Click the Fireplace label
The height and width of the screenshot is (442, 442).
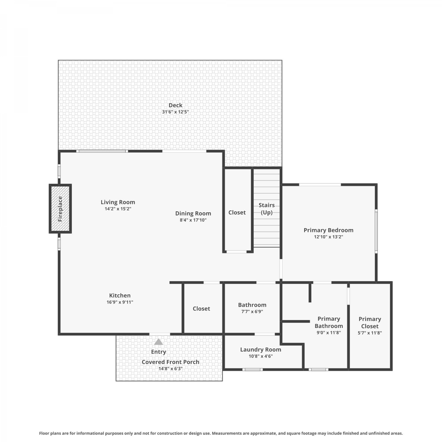point(60,209)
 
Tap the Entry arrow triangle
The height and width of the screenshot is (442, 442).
point(159,342)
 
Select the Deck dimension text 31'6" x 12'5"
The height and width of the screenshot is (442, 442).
point(175,112)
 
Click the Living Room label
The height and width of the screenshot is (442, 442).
point(118,202)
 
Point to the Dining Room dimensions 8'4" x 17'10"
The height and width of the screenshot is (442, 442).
point(193,220)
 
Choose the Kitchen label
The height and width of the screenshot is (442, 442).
point(120,295)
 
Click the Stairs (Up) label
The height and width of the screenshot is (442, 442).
point(267,209)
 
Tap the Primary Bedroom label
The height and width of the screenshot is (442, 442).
point(329,230)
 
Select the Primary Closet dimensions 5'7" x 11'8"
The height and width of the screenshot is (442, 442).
point(370,333)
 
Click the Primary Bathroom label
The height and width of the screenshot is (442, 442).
point(329,322)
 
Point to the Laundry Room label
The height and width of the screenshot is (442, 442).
point(260,349)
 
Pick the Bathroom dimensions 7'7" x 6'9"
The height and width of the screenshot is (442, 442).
point(252,311)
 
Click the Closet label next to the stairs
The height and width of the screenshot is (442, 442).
point(237,212)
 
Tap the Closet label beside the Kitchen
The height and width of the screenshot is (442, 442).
point(201,309)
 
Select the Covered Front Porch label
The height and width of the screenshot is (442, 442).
point(170,362)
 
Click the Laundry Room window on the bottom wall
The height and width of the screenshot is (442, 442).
point(253,369)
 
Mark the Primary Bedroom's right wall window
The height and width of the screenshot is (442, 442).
point(376,231)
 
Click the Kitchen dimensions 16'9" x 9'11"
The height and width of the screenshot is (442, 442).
point(120,302)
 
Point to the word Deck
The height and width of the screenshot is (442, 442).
point(175,105)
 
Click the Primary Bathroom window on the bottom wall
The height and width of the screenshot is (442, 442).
point(318,369)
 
